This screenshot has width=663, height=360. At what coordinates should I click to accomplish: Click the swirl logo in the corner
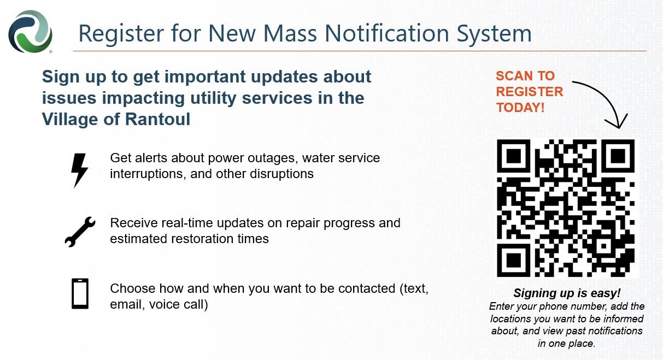pos(30,32)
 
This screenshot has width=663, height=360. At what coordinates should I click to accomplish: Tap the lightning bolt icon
pos(79,170)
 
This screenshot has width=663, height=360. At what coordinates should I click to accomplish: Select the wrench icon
pos(80,232)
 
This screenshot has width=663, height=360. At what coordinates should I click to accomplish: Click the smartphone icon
pos(80,293)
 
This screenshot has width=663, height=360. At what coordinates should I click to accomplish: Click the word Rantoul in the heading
pos(157,119)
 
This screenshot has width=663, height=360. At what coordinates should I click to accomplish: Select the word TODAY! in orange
pos(520,108)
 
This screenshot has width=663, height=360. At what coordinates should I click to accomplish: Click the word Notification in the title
pos(387,33)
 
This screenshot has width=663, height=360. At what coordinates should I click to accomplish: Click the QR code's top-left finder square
pos(514,156)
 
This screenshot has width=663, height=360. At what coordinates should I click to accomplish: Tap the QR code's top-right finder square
pos(618,156)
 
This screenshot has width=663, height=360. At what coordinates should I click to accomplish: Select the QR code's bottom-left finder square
pos(514,261)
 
